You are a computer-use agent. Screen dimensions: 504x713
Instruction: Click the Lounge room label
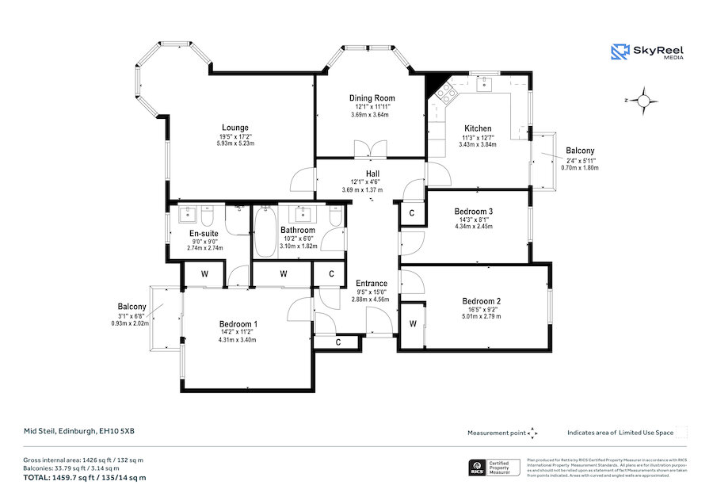(x=234, y=128)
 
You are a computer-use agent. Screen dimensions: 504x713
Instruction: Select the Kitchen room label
(x=477, y=128)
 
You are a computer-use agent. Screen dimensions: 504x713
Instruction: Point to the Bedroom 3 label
(x=473, y=212)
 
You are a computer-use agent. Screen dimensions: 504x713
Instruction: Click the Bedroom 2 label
(x=482, y=301)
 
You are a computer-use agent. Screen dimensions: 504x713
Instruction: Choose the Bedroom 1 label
(x=238, y=324)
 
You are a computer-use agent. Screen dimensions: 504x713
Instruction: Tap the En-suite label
(x=204, y=234)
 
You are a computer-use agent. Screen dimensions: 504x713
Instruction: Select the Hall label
(x=372, y=174)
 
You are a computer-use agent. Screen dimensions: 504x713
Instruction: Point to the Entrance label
(x=371, y=284)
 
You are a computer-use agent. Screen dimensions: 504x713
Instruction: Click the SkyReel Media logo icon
(x=619, y=52)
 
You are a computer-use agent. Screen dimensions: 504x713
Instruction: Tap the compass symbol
(x=645, y=101)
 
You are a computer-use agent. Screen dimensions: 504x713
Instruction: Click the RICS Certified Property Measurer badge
(x=494, y=468)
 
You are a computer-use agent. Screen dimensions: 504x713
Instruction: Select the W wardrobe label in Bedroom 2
(x=413, y=324)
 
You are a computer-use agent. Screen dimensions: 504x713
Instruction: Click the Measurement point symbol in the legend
(x=532, y=433)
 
